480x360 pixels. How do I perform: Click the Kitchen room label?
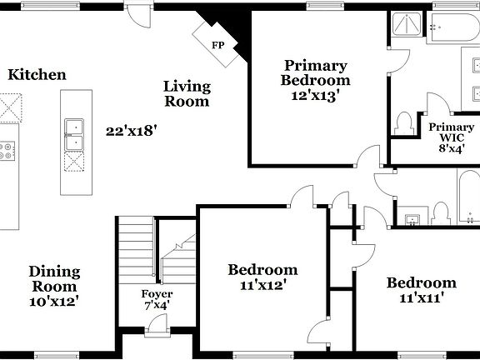[x=37, y=75]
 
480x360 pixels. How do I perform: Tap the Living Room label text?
[x=187, y=93]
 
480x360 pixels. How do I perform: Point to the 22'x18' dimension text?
[x=132, y=130]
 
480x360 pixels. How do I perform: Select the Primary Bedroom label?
[x=315, y=72]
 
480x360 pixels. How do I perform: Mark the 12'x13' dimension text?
[x=315, y=95]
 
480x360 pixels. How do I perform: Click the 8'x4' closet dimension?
[x=451, y=147]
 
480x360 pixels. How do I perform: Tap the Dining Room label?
[x=54, y=278]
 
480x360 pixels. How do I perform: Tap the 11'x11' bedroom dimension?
[x=421, y=297]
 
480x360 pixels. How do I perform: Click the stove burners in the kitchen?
[x=7, y=151]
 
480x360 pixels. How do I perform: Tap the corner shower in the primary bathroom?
[x=407, y=26]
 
